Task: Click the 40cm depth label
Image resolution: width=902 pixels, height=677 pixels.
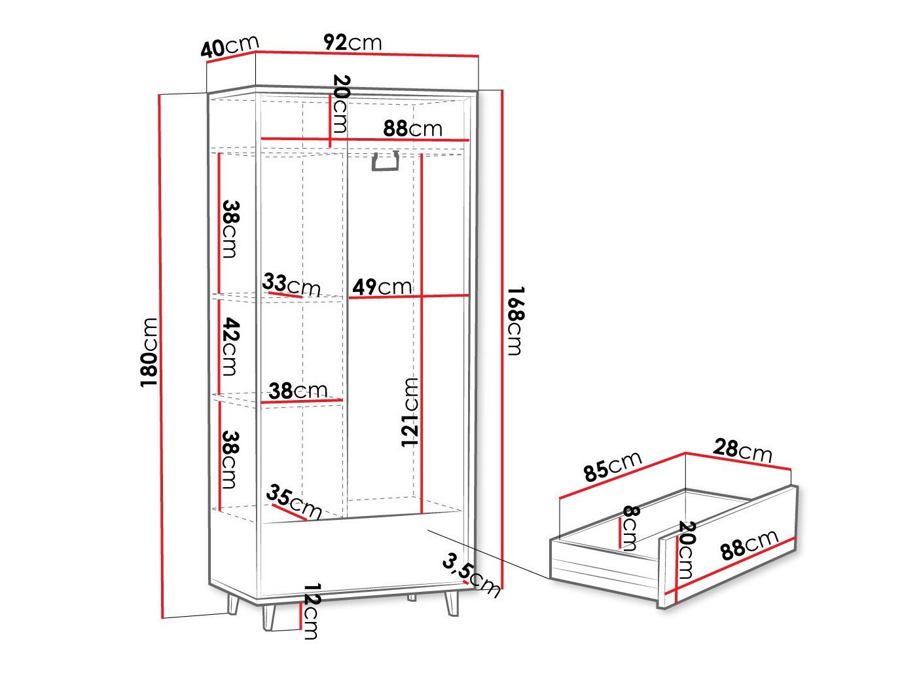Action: (230, 47)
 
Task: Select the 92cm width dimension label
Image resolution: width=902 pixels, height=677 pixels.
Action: (352, 43)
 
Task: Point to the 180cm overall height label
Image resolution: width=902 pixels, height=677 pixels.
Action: (150, 352)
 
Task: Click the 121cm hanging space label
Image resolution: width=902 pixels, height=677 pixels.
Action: (410, 412)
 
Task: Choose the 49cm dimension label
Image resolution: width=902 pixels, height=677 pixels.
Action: (382, 287)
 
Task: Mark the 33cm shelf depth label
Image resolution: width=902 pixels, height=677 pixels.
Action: (291, 285)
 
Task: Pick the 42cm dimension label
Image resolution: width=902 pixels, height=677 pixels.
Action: (229, 346)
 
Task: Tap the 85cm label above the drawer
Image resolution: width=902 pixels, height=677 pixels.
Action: (613, 466)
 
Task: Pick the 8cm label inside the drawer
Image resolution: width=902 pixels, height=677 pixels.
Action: (630, 528)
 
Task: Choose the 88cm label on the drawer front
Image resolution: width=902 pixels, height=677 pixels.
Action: (749, 544)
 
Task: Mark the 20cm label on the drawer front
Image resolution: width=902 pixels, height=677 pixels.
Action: (686, 550)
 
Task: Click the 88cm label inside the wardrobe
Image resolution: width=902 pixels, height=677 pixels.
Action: (412, 128)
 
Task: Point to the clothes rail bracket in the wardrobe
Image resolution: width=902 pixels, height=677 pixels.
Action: (386, 162)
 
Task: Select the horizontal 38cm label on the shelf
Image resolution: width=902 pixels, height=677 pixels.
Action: (298, 392)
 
